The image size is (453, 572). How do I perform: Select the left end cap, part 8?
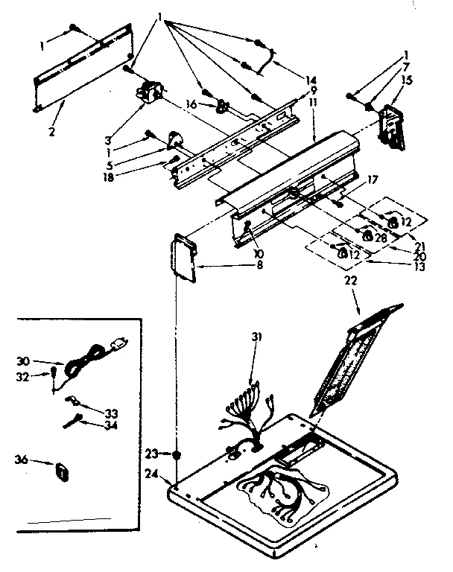[x=183, y=257]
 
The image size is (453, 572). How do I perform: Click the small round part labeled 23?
[x=177, y=454]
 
